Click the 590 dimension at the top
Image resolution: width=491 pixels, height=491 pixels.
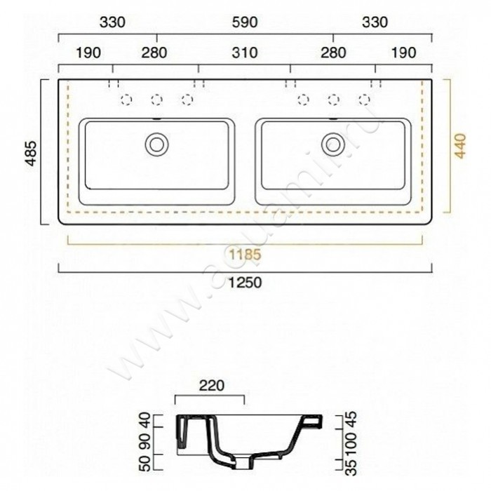tap(245, 22)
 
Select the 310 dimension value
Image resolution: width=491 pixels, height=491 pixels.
tap(245, 53)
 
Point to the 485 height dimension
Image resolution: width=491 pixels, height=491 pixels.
tap(29, 152)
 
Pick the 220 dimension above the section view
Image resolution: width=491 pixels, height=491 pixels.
tap(210, 384)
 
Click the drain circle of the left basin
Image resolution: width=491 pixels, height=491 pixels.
tap(156, 144)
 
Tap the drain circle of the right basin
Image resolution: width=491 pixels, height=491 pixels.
tap(332, 144)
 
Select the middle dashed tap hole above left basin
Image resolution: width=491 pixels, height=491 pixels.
tap(156, 100)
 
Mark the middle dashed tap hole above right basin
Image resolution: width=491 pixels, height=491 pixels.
tap(334, 100)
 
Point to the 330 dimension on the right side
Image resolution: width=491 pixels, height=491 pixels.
tap(375, 22)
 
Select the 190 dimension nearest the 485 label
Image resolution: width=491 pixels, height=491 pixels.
tap(87, 53)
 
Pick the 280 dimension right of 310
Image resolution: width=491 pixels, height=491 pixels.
tap(333, 53)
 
